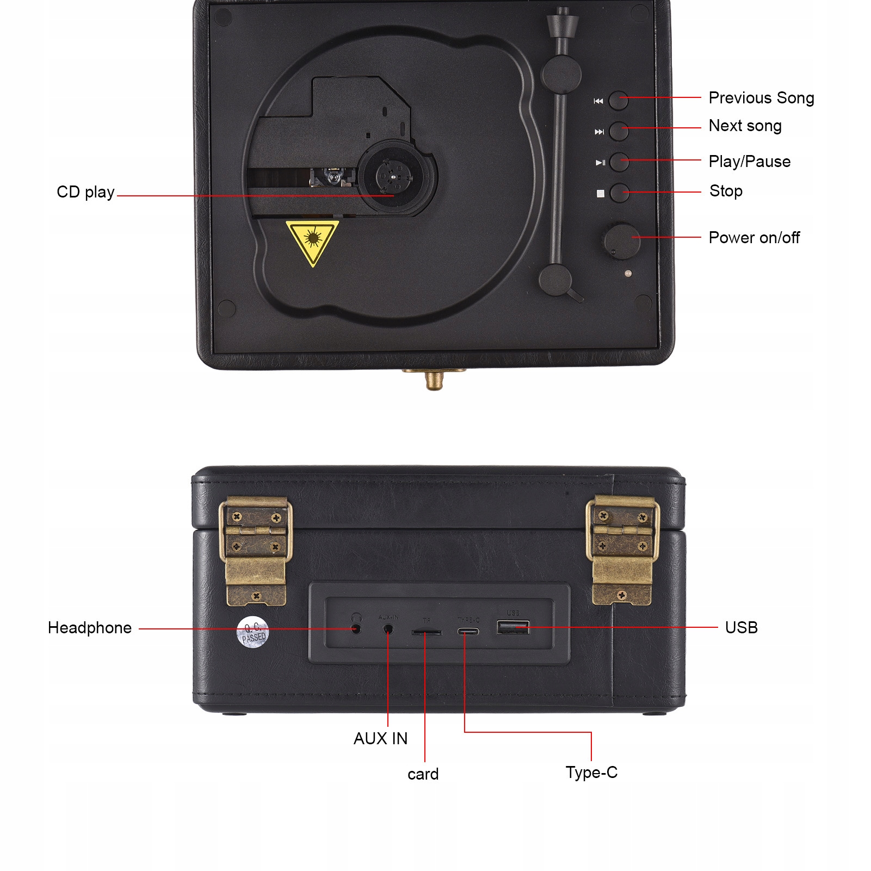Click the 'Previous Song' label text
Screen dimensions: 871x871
tap(761, 98)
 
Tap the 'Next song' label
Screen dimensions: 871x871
tap(744, 126)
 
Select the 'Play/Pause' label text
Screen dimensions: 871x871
tap(749, 162)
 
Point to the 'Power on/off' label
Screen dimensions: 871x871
tap(753, 238)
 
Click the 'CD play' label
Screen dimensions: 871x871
tap(85, 192)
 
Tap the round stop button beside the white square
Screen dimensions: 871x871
tap(619, 193)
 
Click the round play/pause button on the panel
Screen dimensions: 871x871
tap(619, 162)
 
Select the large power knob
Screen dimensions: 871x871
tap(621, 240)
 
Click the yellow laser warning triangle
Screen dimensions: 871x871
tap(312, 240)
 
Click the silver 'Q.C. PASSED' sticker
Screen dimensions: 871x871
tap(253, 632)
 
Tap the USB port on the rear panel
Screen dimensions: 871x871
tap(512, 627)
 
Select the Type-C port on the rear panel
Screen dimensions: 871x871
tap(468, 632)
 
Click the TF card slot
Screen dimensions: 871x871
tap(426, 633)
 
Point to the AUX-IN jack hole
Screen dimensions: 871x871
tap(388, 629)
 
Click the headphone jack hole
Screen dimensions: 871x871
tap(356, 629)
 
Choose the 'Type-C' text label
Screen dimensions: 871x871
tap(591, 772)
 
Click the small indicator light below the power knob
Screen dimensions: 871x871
tap(628, 273)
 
